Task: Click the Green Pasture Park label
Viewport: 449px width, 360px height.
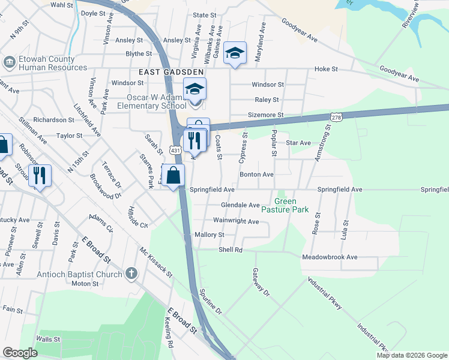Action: [x=292, y=205]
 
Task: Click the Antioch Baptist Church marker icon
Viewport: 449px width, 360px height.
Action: [x=131, y=274]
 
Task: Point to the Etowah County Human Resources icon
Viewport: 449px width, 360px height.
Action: [x=9, y=62]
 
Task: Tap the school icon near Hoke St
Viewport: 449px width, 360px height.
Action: [x=235, y=53]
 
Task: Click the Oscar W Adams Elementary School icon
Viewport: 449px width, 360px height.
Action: [x=194, y=89]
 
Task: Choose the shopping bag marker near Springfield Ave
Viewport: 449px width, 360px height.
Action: [x=173, y=176]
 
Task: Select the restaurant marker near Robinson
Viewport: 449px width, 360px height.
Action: [x=40, y=175]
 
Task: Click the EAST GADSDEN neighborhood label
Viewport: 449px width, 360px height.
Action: [x=170, y=71]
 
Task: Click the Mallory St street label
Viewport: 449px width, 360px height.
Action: [x=209, y=235]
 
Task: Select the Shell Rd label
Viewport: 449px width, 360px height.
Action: [x=230, y=249]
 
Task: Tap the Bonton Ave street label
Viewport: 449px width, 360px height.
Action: [x=256, y=175]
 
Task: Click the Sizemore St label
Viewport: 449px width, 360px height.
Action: [x=265, y=115]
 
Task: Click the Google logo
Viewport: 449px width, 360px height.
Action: [x=20, y=353]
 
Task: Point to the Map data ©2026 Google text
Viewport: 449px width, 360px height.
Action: [x=411, y=355]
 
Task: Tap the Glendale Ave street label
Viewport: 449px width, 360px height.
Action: [x=240, y=205]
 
